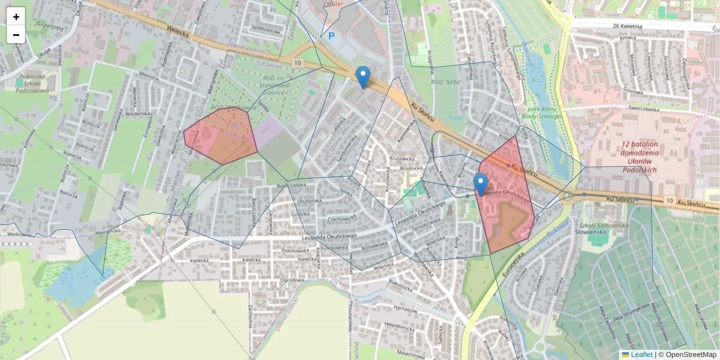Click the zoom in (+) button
click(16, 16)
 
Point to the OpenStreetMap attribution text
click(691, 355)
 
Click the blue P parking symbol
click(331, 36)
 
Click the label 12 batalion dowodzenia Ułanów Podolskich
click(640, 157)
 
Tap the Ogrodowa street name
click(293, 280)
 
